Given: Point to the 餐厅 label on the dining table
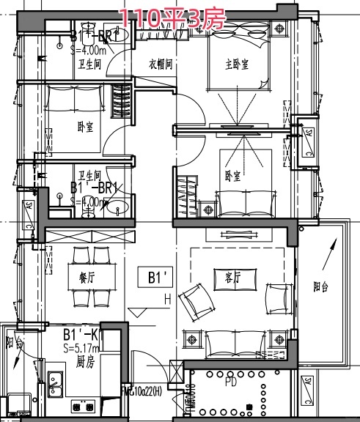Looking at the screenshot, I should (87, 278).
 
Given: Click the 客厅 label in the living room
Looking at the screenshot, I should (224, 277).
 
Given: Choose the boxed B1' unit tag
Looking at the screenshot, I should (159, 278).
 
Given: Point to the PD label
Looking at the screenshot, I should (230, 382).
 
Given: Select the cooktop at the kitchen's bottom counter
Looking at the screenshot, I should (82, 405).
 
